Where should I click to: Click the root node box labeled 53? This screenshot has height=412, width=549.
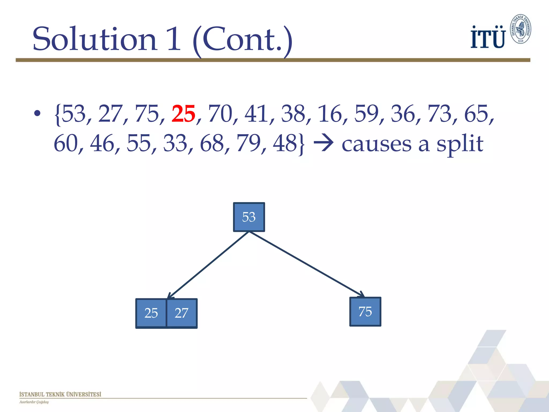(249, 217)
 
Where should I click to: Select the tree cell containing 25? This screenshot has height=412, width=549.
(151, 313)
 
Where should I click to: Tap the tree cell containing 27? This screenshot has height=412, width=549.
(182, 313)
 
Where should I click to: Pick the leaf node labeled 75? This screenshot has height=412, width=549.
(365, 312)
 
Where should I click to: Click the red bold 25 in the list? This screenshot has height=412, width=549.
(183, 114)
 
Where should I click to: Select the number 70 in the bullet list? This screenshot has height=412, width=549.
(220, 114)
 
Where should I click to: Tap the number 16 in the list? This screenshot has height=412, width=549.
(329, 114)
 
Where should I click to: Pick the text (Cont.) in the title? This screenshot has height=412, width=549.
(242, 40)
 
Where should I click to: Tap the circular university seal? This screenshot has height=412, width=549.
(520, 29)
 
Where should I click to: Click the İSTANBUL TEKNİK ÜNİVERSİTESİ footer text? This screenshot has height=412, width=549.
(60, 394)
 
